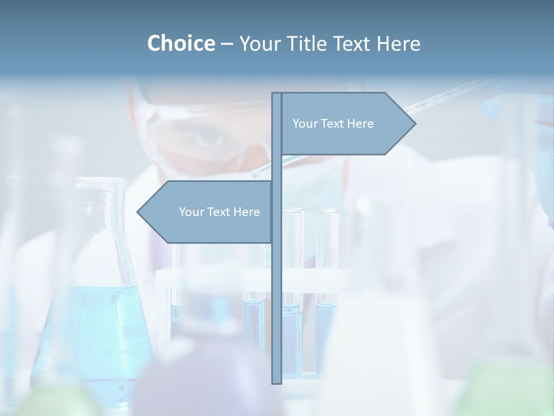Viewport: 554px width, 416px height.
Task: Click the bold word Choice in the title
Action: pyautogui.click(x=181, y=43)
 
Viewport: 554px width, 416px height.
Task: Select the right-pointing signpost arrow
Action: pyautogui.click(x=346, y=124)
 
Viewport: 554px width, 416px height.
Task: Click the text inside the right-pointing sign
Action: pyautogui.click(x=333, y=124)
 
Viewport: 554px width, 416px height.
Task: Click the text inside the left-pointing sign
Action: pyautogui.click(x=219, y=212)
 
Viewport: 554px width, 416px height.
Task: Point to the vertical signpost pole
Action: pyautogui.click(x=277, y=289)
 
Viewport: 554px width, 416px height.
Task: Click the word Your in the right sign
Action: pyautogui.click(x=305, y=124)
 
